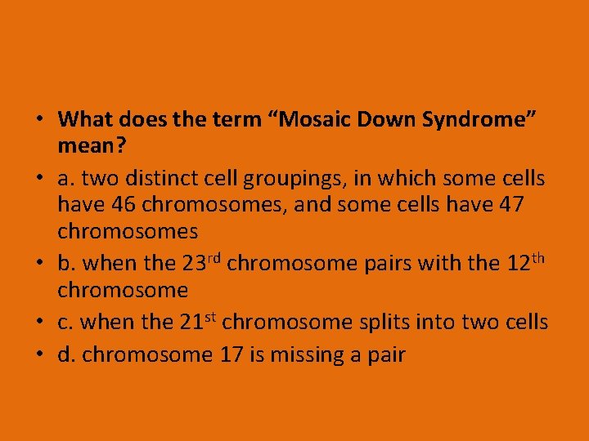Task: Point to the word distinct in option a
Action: [x=186, y=179]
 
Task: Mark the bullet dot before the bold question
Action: [x=40, y=120]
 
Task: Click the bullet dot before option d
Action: [x=40, y=355]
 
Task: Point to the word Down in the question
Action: [x=383, y=119]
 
